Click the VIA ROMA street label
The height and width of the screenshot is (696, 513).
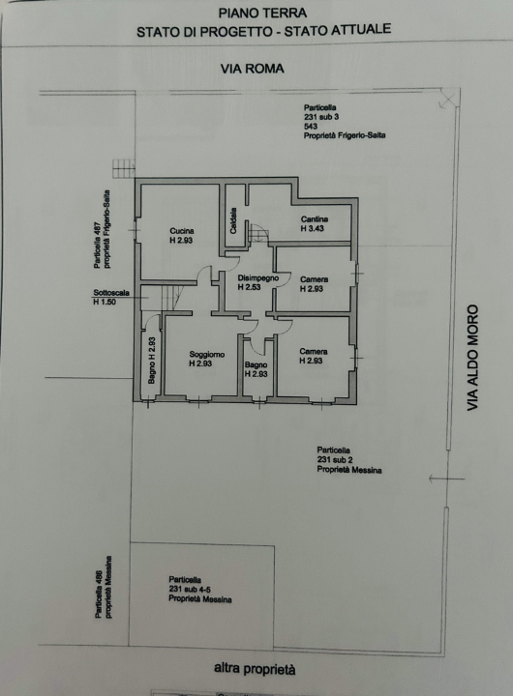click(x=252, y=69)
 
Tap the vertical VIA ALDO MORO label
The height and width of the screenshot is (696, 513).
click(x=472, y=358)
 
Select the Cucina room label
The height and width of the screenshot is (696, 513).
click(x=181, y=236)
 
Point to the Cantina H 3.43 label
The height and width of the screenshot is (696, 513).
click(x=315, y=223)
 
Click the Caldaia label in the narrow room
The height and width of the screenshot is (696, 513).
click(x=233, y=221)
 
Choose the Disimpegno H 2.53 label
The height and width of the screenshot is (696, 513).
click(x=257, y=282)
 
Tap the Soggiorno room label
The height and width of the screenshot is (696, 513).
click(x=207, y=359)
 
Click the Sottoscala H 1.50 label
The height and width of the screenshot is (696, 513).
click(x=111, y=297)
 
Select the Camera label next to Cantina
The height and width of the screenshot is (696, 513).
click(x=314, y=284)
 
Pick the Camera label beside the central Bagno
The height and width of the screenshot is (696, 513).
click(x=314, y=356)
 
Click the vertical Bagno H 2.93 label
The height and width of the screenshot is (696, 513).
click(x=152, y=361)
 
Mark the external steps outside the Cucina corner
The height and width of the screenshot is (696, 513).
click(x=124, y=168)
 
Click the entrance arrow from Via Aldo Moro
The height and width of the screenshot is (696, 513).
click(x=447, y=478)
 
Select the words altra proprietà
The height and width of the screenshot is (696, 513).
click(x=255, y=669)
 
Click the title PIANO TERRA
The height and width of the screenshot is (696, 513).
click(x=262, y=13)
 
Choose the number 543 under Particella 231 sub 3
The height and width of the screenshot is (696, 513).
click(x=311, y=126)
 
